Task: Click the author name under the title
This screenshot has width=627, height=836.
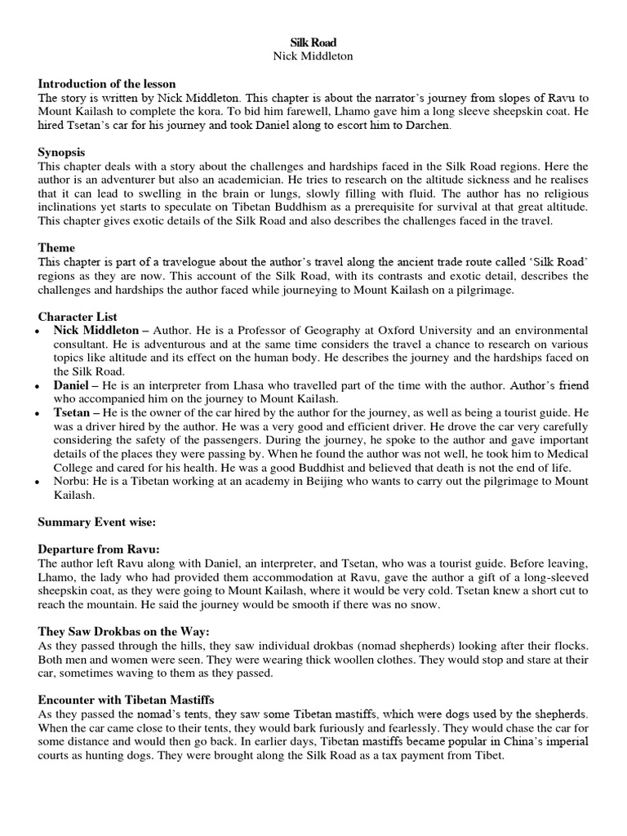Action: point(313,56)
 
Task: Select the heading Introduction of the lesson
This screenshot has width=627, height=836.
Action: point(107,84)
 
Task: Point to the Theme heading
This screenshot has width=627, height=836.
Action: point(57,247)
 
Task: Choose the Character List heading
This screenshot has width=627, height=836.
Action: point(78,316)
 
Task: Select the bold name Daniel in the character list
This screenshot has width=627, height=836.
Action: point(72,384)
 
